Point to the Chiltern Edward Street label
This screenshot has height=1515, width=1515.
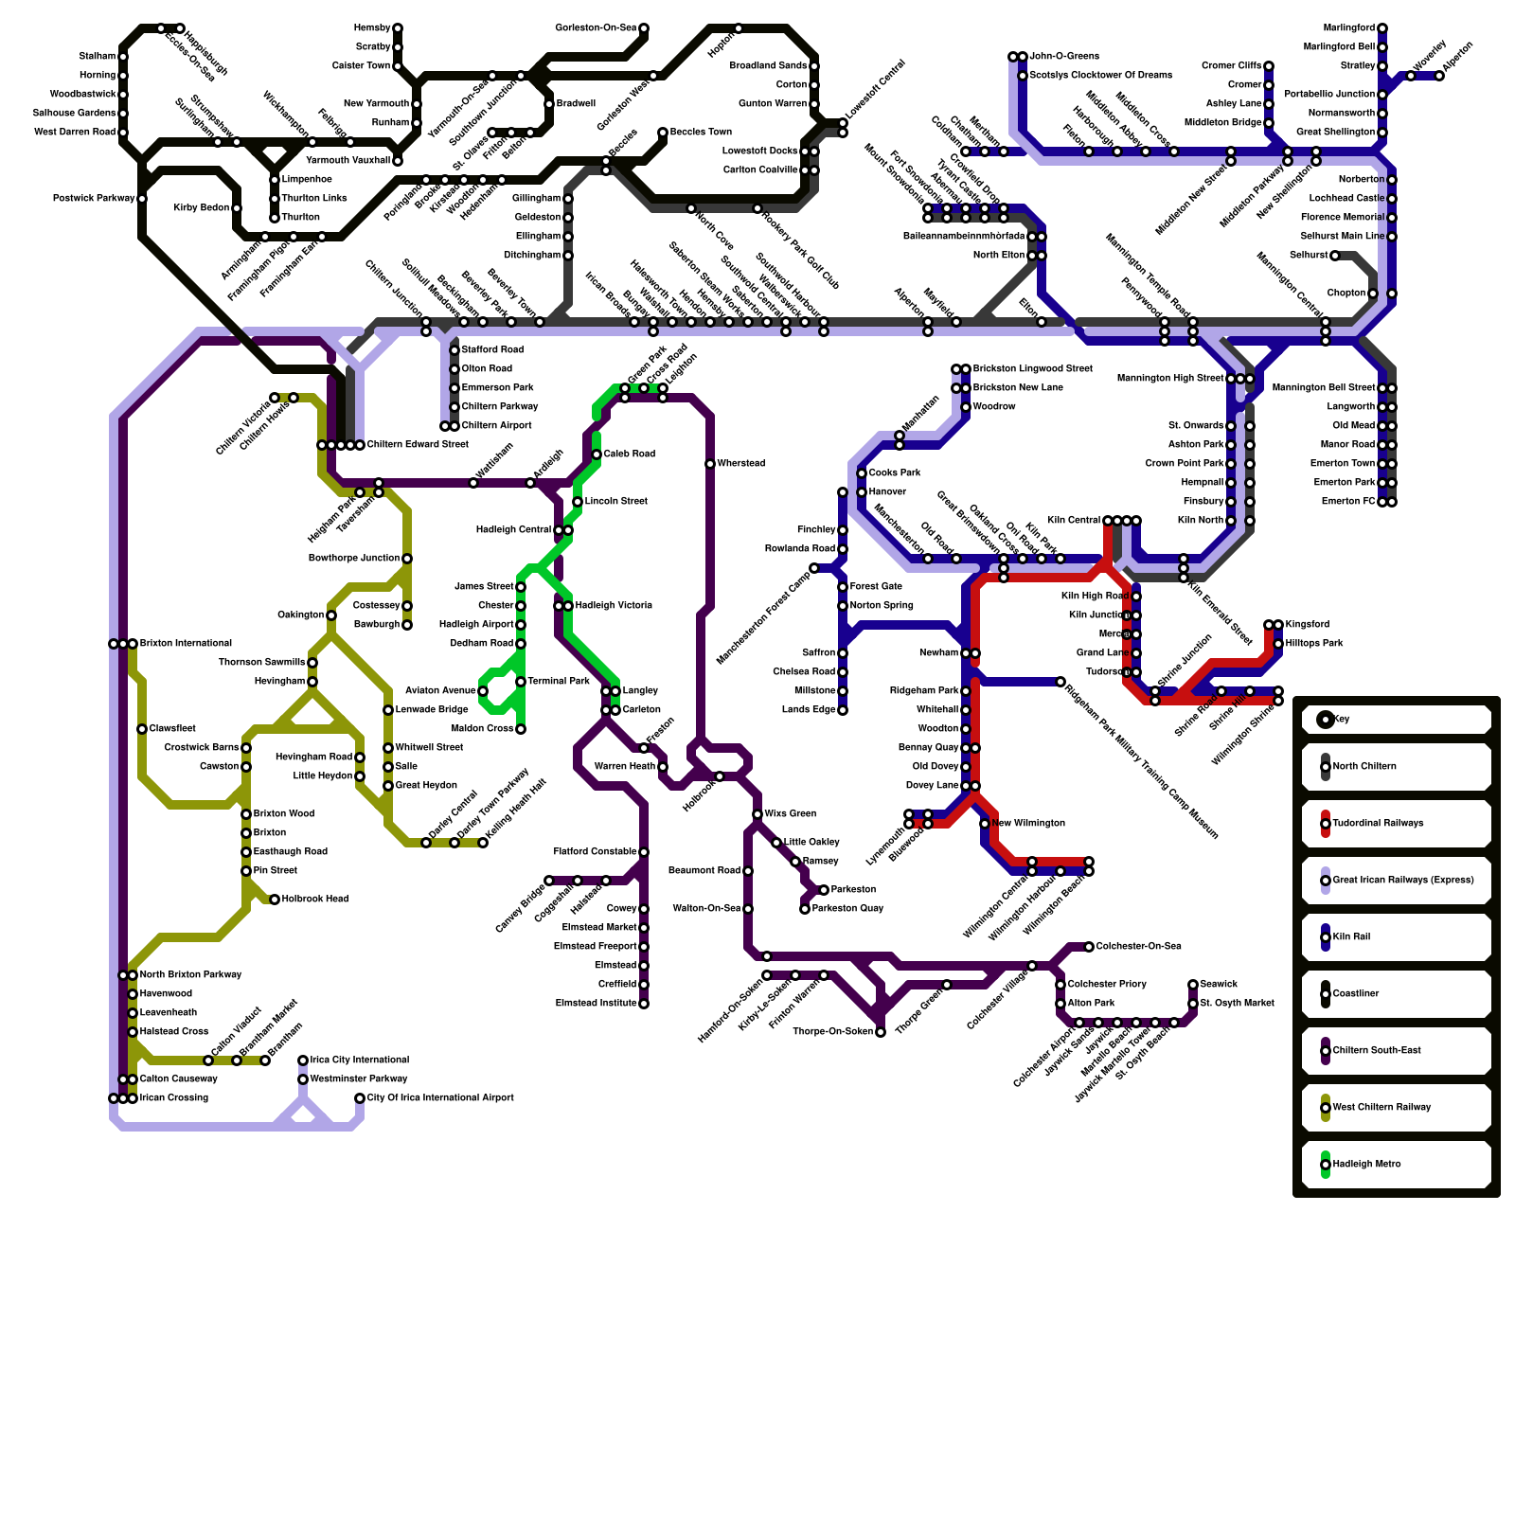418,445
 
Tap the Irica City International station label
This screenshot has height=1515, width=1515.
360,1060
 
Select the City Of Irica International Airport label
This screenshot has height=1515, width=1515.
440,1098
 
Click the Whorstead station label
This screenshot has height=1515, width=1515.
741,464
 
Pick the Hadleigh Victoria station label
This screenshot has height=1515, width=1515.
614,606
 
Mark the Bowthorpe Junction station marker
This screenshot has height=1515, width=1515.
407,559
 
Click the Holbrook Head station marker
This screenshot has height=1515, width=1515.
275,900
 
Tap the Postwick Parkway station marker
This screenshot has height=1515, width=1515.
142,199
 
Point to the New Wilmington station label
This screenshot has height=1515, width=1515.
1028,824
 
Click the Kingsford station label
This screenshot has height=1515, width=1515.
1308,625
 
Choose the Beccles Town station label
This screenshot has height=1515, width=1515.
701,133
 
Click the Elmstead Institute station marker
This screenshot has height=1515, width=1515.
644,1004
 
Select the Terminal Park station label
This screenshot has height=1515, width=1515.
559,682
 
